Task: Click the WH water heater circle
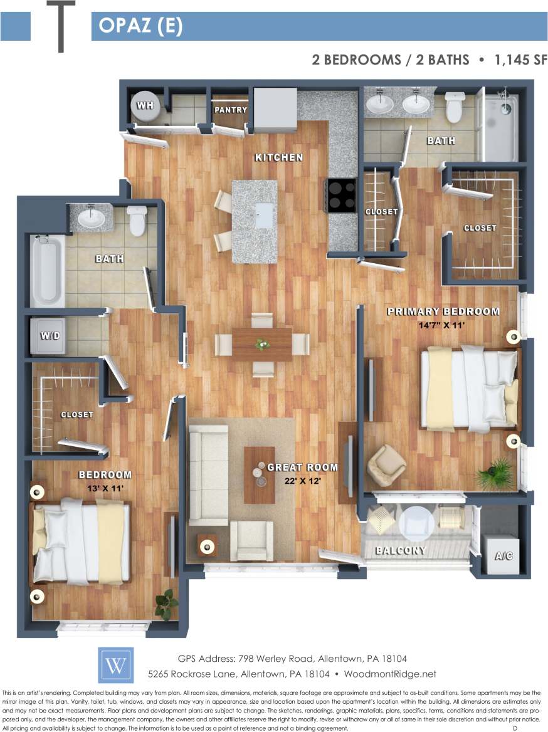[x=145, y=105]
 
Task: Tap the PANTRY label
[x=231, y=110]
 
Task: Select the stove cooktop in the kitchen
[x=342, y=196]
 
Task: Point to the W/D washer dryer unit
[x=50, y=336]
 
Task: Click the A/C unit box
[x=503, y=555]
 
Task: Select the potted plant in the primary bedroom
[x=495, y=474]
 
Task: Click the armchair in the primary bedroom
[x=386, y=466]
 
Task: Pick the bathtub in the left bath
[x=47, y=269]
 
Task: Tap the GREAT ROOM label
[x=302, y=468]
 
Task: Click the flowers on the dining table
[x=262, y=343]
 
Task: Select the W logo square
[x=115, y=666]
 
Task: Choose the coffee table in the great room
[x=259, y=474]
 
